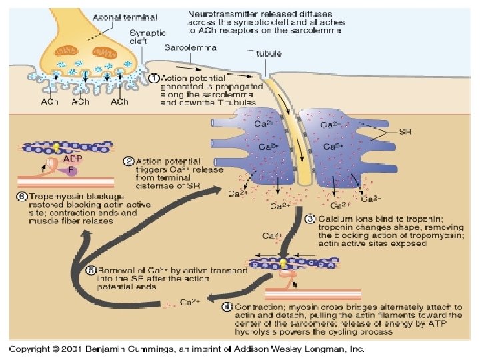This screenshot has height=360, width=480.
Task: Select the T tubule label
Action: point(263,53)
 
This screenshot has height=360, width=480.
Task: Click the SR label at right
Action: point(405,132)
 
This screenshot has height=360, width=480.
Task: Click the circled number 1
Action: point(153,78)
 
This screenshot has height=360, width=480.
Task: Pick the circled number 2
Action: point(128,161)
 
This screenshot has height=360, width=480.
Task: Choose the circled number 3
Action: point(309,219)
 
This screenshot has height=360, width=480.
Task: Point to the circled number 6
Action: point(21,197)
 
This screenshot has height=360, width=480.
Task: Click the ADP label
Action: point(71,159)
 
